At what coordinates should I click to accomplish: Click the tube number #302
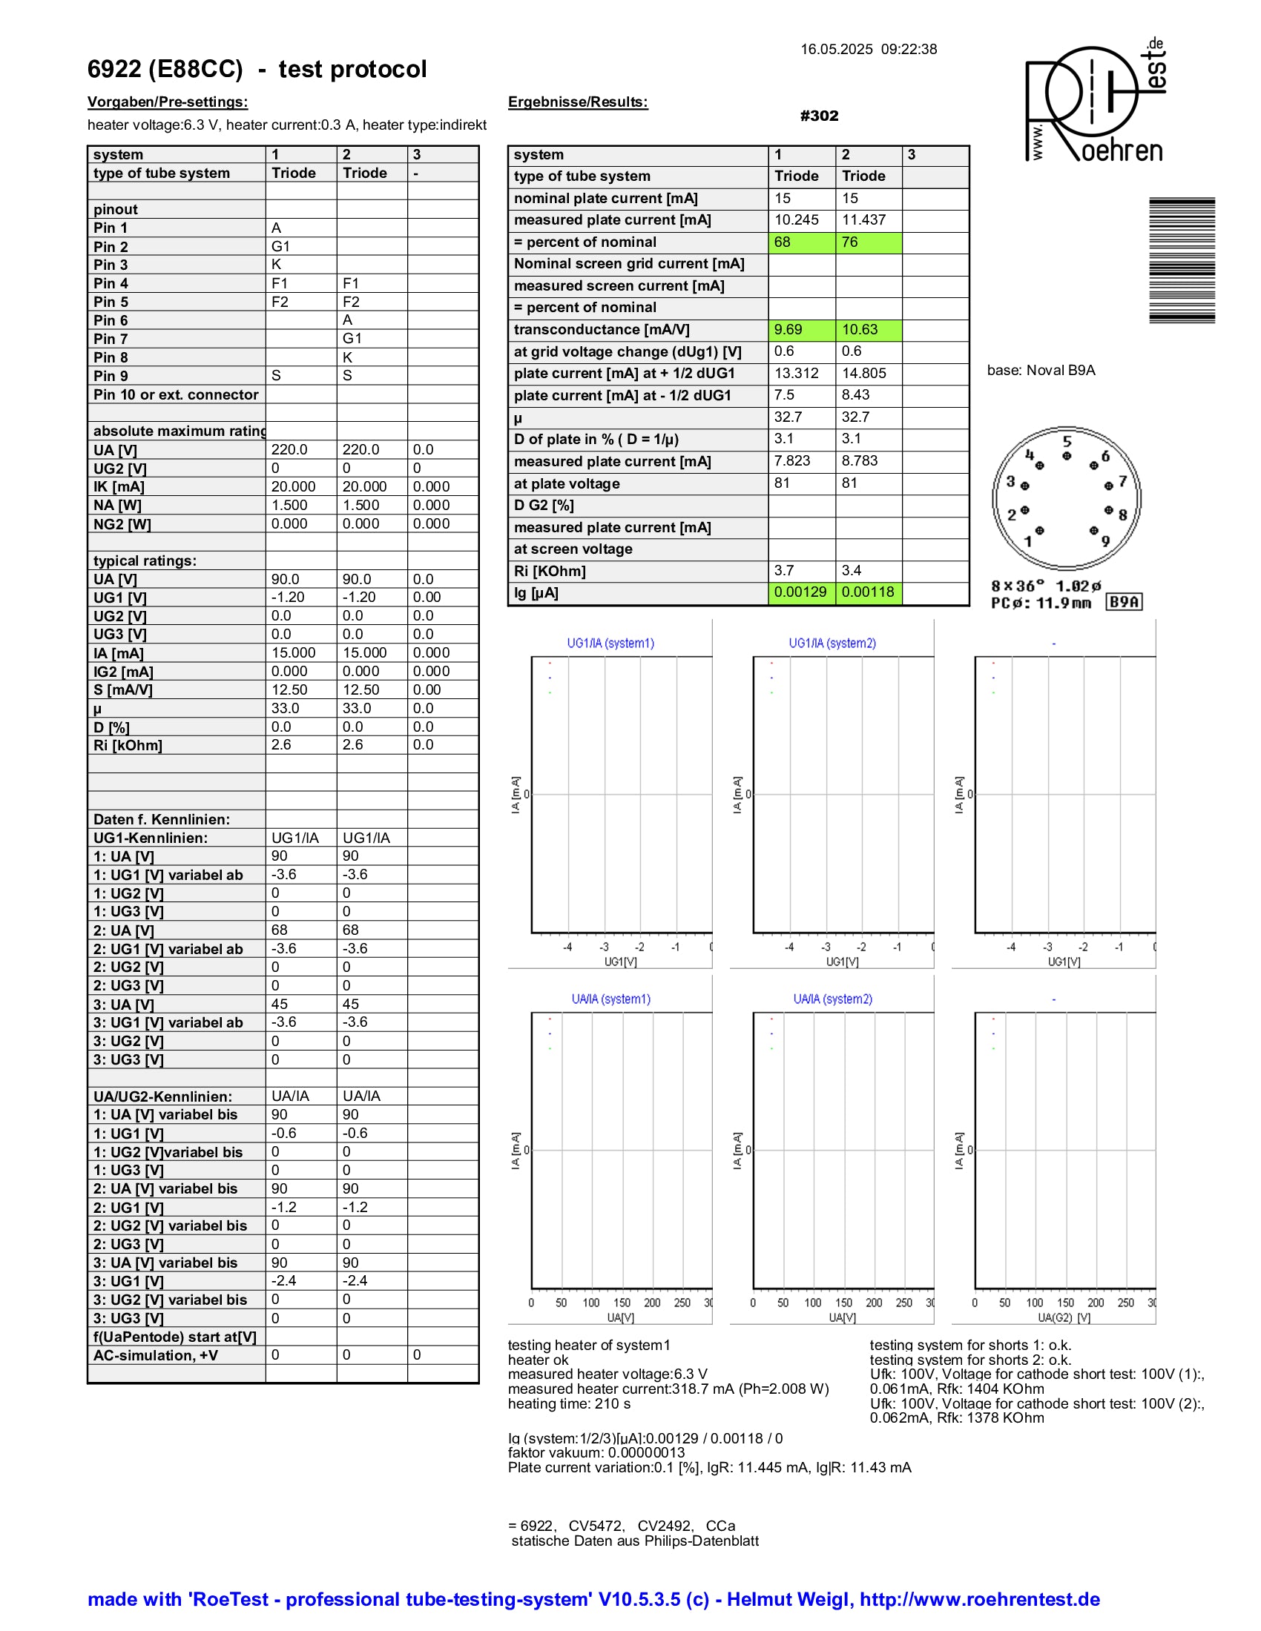point(819,116)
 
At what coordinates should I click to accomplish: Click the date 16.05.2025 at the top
point(836,49)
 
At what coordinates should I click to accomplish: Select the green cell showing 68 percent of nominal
point(802,242)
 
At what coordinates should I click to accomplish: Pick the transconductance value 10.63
point(868,329)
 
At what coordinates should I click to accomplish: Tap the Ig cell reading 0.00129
point(801,592)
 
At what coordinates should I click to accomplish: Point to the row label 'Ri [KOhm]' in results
point(550,572)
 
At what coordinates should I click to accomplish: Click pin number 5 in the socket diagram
point(1067,441)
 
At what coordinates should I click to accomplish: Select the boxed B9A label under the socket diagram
point(1125,602)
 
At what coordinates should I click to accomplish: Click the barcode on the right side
point(1182,260)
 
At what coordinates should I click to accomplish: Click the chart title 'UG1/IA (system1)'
point(610,643)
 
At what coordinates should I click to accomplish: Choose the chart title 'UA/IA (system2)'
point(832,999)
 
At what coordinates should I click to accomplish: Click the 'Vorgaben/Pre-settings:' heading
point(168,102)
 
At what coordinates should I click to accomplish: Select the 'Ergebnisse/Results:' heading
point(577,102)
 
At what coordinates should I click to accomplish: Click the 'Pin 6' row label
point(111,320)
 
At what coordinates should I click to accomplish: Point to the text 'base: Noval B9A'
point(1041,371)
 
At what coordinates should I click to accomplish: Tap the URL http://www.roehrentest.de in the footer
point(979,1599)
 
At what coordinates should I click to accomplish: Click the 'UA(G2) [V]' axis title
point(1064,1318)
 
